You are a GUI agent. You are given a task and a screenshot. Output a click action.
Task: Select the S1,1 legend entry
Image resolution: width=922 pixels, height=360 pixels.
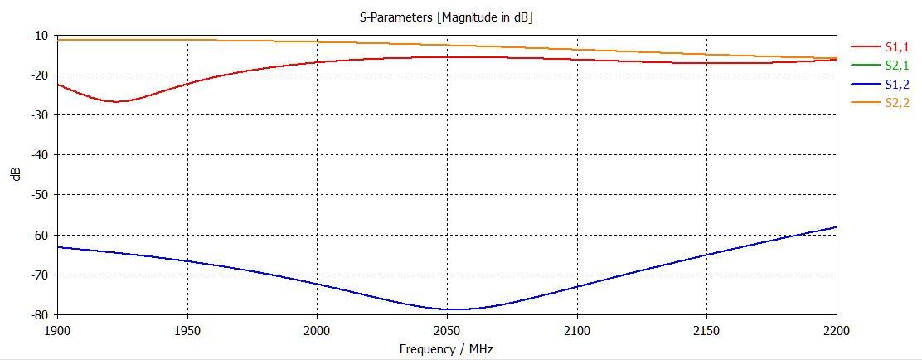pyautogui.click(x=898, y=47)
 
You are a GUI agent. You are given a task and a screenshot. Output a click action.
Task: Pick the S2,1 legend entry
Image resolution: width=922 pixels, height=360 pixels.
pyautogui.click(x=898, y=66)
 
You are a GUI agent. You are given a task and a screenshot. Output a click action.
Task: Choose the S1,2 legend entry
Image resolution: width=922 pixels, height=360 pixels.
pyautogui.click(x=898, y=84)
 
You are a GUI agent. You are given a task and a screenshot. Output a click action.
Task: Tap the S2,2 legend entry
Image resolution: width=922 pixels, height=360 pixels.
pyautogui.click(x=898, y=102)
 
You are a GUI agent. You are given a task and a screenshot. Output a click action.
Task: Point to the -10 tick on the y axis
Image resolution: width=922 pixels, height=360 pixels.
pyautogui.click(x=38, y=36)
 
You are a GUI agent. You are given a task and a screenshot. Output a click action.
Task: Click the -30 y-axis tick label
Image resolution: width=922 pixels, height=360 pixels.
pyautogui.click(x=38, y=115)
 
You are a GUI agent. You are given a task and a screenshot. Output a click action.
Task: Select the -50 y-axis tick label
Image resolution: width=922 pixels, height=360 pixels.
pyautogui.click(x=38, y=195)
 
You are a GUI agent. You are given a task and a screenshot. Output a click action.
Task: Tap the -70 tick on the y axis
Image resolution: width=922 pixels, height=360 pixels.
pyautogui.click(x=38, y=275)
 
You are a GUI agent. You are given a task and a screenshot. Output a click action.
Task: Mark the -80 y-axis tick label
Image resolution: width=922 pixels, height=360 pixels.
pyautogui.click(x=38, y=315)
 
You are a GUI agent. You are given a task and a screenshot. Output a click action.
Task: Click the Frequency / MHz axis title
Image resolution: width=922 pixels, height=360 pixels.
pyautogui.click(x=446, y=348)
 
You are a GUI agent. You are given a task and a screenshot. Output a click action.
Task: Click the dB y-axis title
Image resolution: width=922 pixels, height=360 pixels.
pyautogui.click(x=16, y=175)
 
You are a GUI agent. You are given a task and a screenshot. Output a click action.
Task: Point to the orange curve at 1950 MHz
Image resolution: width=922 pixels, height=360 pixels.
pyautogui.click(x=187, y=39)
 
